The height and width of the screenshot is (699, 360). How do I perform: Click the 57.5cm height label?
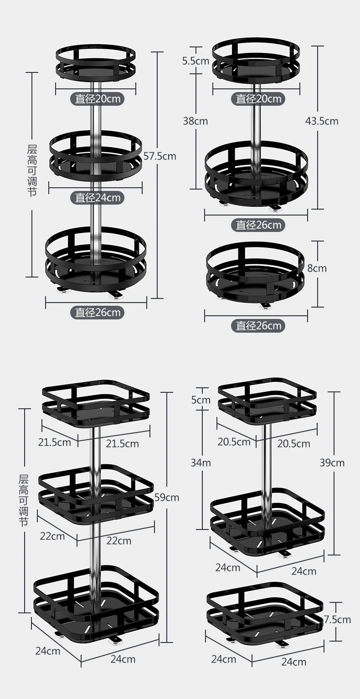point(159,156)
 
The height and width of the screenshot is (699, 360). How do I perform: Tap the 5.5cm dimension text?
point(195,61)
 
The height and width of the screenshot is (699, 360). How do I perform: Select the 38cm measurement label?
point(195,121)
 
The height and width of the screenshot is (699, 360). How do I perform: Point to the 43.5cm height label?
point(322,121)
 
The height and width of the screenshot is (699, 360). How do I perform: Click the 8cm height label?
point(317,268)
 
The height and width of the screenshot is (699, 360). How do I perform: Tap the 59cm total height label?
point(167,497)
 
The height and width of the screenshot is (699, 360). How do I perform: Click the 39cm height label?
point(332,463)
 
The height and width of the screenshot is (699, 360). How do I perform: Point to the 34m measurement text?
point(201,463)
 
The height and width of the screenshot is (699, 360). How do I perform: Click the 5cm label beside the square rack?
point(201,400)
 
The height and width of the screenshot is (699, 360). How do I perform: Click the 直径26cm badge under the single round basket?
point(258,325)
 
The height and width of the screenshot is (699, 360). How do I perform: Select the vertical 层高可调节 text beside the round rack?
point(32,171)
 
